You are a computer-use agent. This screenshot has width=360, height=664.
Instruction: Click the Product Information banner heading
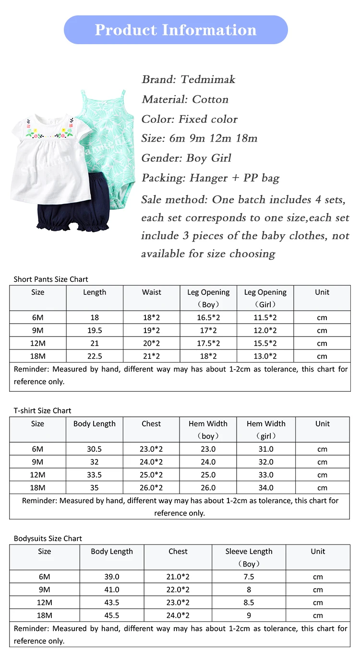click(176, 30)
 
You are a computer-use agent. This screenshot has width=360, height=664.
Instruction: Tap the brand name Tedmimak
click(208, 79)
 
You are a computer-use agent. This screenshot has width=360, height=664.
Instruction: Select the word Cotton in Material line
click(210, 99)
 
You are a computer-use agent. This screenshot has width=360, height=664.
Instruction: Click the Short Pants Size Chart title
click(51, 279)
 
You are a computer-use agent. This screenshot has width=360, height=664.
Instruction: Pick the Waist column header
click(152, 292)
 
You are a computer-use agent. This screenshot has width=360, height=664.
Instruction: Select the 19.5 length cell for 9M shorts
click(95, 330)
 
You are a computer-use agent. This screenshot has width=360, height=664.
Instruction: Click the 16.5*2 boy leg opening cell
click(208, 317)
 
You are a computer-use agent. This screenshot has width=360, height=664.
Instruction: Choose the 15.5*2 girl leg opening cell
click(265, 343)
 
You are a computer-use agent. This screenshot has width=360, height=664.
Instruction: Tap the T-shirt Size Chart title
click(42, 410)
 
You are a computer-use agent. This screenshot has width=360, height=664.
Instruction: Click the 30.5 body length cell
click(95, 449)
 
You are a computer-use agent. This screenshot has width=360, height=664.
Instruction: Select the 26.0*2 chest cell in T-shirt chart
click(151, 487)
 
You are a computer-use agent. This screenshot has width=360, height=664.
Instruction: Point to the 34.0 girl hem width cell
click(266, 487)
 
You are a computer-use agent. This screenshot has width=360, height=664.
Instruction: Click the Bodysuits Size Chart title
click(48, 538)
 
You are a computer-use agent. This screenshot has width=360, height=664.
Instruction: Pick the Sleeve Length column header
click(249, 552)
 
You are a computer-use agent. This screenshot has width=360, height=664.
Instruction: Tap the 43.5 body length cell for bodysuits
click(112, 603)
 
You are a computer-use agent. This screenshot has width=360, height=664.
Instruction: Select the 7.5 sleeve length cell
click(249, 577)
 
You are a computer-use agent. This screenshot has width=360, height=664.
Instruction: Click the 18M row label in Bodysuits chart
click(45, 615)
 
